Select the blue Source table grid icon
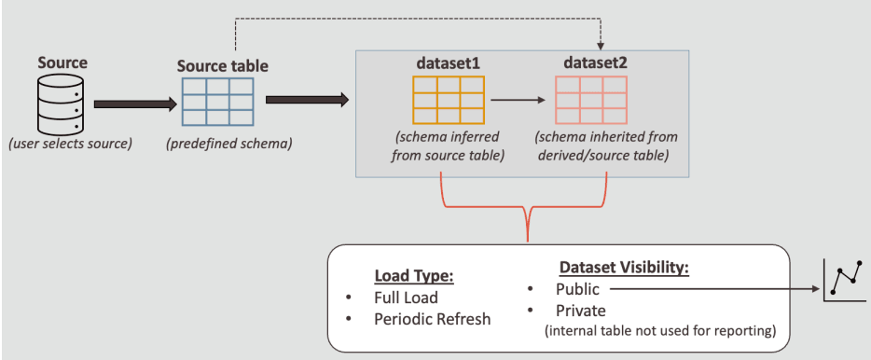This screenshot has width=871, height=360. pos(216,103)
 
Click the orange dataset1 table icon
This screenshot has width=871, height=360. pos(447,98)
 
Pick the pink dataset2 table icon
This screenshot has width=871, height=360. pos(590,98)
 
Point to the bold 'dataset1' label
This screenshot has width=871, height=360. pos(447,63)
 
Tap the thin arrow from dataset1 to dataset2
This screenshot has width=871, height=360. pos(518,99)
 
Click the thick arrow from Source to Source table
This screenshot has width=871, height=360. pos(134,104)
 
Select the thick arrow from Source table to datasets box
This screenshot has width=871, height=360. pos(307,99)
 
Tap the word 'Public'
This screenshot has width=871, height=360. pos(578,289)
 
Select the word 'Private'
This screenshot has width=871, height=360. pos(581,311)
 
